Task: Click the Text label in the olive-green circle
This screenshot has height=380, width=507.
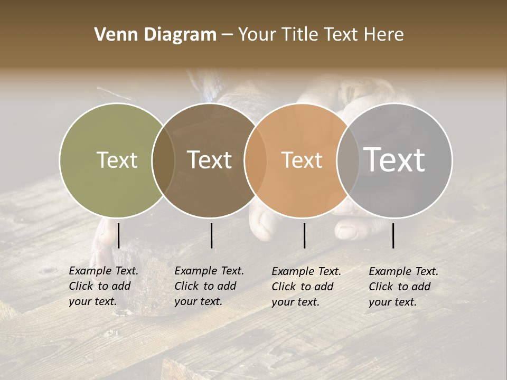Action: (x=117, y=160)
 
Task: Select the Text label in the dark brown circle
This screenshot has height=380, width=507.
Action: (x=209, y=160)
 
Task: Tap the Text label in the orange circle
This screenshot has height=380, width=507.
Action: (x=302, y=160)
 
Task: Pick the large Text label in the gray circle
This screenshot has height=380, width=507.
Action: (x=395, y=159)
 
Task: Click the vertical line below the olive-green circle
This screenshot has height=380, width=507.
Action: (x=118, y=235)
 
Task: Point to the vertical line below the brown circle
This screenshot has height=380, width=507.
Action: (x=211, y=235)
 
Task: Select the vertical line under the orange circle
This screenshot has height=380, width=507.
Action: (x=304, y=235)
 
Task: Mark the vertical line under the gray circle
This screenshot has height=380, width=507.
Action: (x=393, y=235)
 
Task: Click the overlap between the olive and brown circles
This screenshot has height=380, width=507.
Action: (x=163, y=160)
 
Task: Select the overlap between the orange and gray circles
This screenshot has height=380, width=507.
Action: (x=348, y=160)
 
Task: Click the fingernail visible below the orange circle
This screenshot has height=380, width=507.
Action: (x=346, y=231)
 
